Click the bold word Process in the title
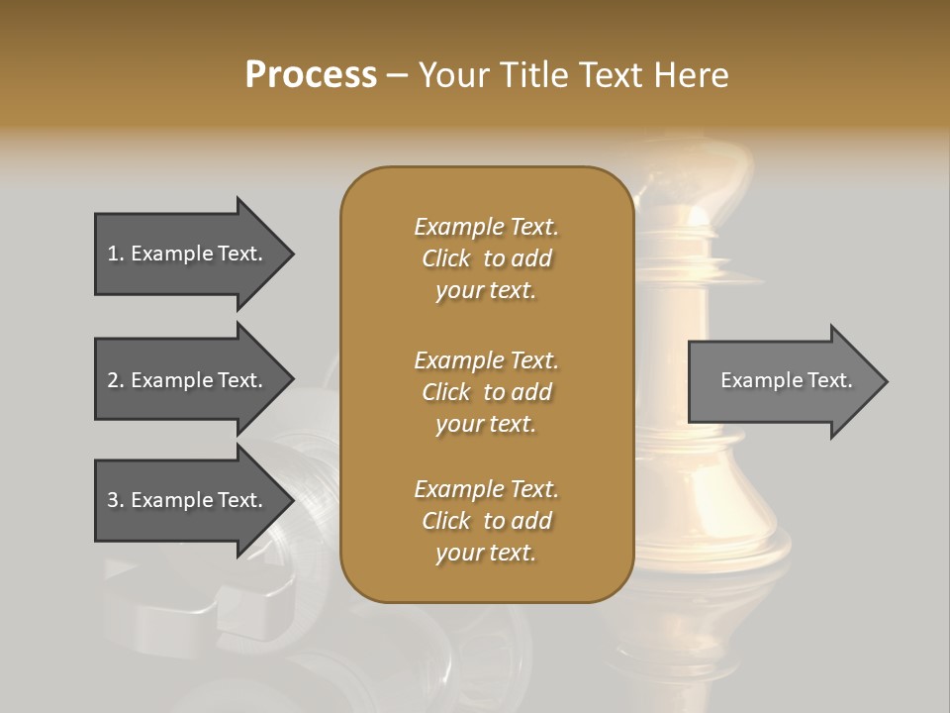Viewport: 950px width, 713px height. click(311, 74)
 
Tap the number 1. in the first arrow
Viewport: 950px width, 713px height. click(116, 254)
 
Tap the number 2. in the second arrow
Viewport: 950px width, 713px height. click(116, 380)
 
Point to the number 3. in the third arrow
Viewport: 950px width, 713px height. click(116, 500)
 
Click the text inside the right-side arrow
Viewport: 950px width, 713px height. click(786, 380)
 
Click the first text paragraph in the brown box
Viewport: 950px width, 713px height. click(486, 258)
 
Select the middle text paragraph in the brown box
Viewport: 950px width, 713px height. click(486, 391)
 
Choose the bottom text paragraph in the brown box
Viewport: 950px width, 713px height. click(486, 521)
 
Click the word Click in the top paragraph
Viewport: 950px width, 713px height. click(446, 258)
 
